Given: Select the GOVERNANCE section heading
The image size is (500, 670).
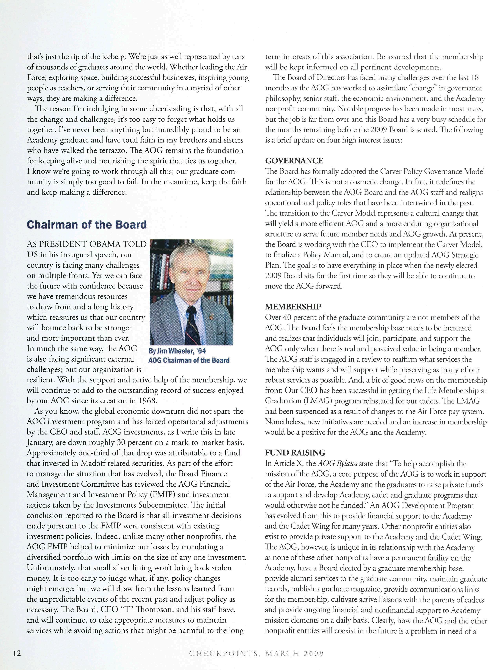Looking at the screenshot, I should tap(294, 160).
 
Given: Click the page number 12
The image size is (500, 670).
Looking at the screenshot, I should tap(17, 653).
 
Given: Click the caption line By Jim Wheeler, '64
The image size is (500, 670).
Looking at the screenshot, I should tap(177, 351).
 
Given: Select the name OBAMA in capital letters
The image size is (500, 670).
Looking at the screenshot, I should tap(102, 244).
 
